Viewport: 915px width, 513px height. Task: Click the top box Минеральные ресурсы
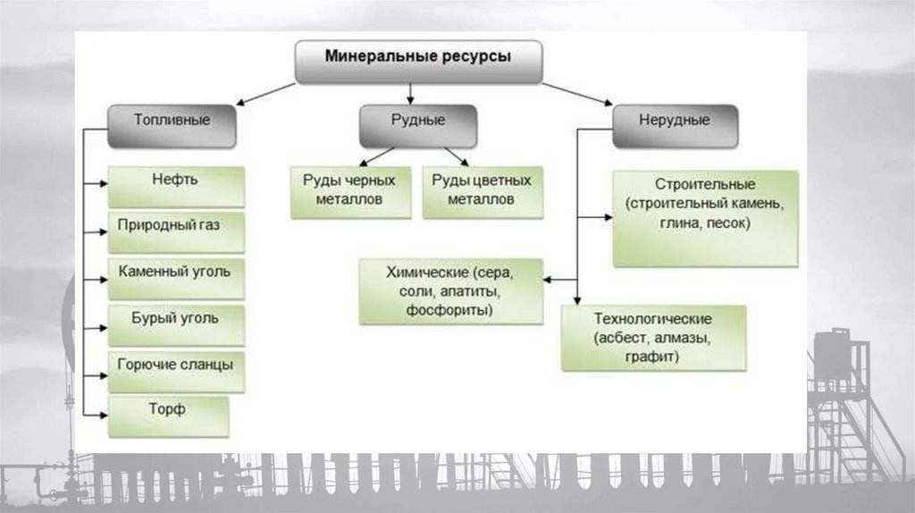click(x=418, y=61)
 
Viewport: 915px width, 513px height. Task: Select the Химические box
click(x=451, y=290)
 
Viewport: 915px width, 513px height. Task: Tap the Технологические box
click(x=652, y=337)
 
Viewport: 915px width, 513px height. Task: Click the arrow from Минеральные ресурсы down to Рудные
click(x=409, y=93)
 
